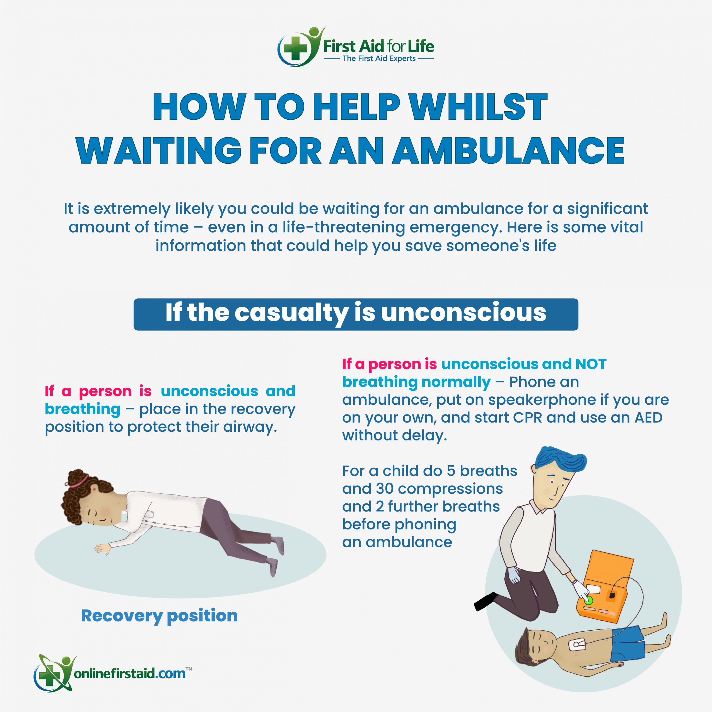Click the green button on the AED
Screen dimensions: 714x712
(588, 600)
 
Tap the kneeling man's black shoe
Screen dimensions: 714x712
(485, 601)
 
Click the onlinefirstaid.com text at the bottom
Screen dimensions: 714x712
(130, 673)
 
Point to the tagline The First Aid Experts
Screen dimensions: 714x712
(379, 58)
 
